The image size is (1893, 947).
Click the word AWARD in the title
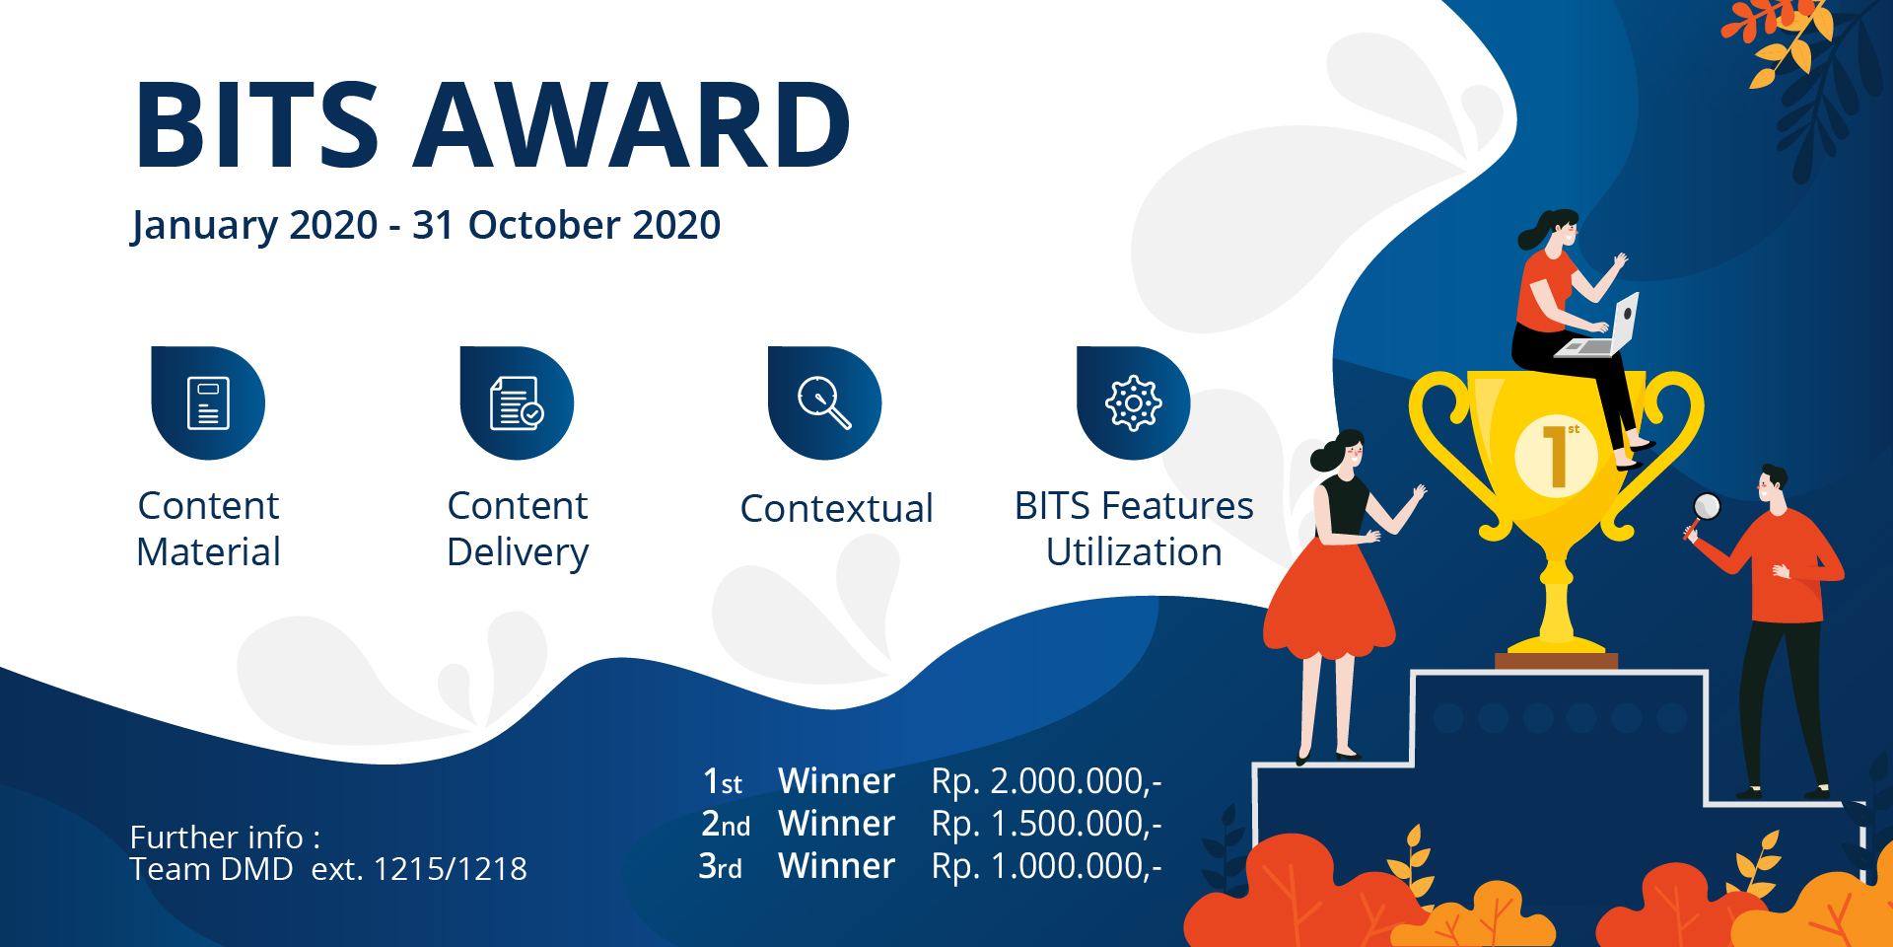(x=632, y=125)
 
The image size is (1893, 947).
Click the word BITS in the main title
(x=257, y=125)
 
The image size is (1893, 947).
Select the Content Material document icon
(x=208, y=402)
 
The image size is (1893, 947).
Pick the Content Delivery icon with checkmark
(x=517, y=402)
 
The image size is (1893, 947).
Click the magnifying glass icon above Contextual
(x=825, y=402)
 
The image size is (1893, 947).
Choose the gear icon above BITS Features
(x=1134, y=402)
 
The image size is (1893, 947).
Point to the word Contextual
(x=836, y=509)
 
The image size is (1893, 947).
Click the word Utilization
(x=1134, y=552)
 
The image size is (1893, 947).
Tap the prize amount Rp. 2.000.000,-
(x=1047, y=781)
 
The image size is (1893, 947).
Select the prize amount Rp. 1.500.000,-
(x=1047, y=824)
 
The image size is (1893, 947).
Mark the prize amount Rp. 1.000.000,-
(x=1047, y=866)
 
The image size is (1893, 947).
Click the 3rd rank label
(x=721, y=866)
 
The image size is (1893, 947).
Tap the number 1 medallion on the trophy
(x=1556, y=456)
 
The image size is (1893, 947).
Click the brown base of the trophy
(x=1556, y=661)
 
